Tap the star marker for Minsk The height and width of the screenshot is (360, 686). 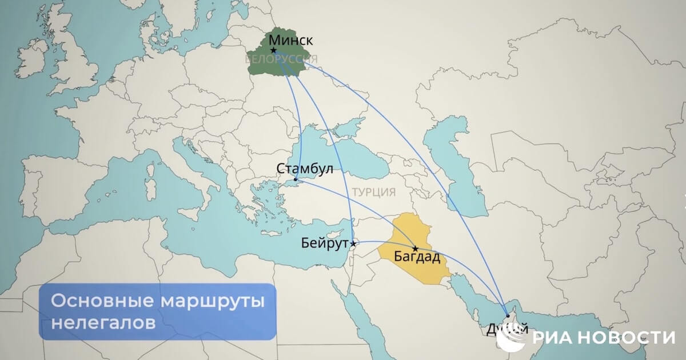(x=274, y=51)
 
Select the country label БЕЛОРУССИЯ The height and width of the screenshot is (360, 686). (x=281, y=59)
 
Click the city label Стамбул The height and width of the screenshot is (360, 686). (x=304, y=169)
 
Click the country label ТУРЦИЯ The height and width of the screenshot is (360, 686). (x=374, y=192)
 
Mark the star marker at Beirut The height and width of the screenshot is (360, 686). (x=354, y=244)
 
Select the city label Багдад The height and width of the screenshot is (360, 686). (x=417, y=257)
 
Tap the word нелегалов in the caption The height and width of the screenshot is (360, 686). (x=103, y=322)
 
